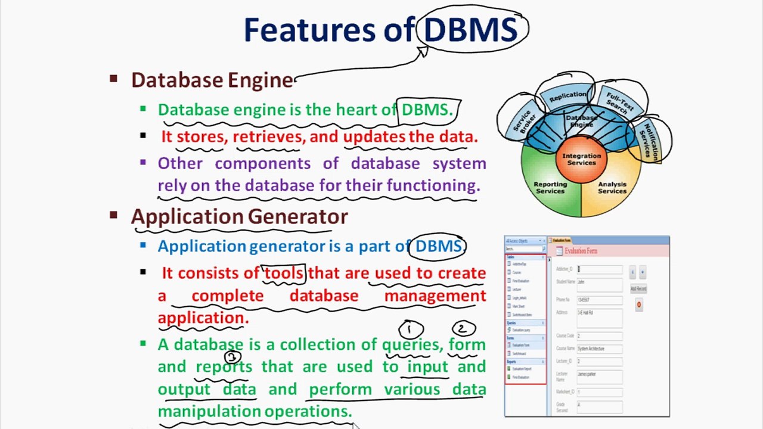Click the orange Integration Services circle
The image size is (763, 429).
click(581, 159)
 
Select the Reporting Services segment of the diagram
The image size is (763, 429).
click(550, 188)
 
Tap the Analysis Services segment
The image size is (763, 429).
click(612, 188)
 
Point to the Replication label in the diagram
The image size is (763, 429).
click(567, 96)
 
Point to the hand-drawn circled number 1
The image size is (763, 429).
click(411, 329)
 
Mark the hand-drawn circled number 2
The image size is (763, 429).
click(463, 328)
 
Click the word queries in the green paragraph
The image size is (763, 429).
click(411, 344)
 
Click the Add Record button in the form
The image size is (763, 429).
click(638, 289)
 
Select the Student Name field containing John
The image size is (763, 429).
click(599, 282)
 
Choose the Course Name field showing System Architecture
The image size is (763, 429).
click(599, 349)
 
